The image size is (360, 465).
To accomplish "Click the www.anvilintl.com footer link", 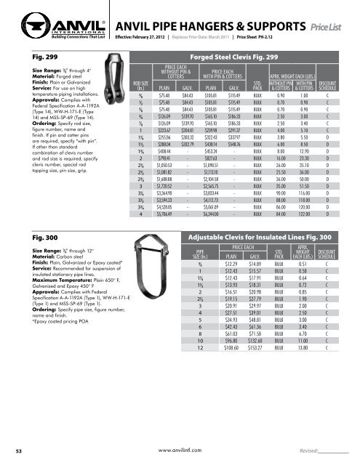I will click(x=180, y=451).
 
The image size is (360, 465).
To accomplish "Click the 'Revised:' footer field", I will click(x=300, y=451).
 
